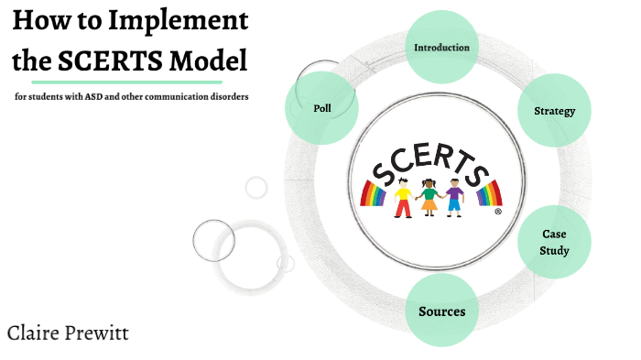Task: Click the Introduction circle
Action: point(441,47)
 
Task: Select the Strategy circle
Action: point(554,111)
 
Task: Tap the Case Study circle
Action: point(554,243)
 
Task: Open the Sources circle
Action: point(441,311)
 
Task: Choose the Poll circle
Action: point(321,108)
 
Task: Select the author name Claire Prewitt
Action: point(67,333)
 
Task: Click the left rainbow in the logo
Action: point(375,192)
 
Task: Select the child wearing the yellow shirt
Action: point(403,198)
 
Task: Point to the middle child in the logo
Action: point(429,197)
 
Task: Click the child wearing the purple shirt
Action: point(455,198)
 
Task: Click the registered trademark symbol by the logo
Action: point(497,211)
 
